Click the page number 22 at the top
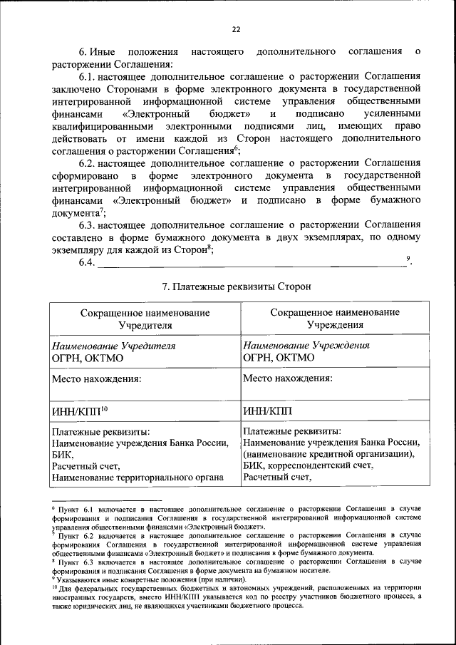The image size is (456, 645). [x=236, y=29]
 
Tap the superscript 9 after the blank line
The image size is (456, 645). [x=408, y=259]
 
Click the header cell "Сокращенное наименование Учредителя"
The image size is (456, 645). [x=145, y=319]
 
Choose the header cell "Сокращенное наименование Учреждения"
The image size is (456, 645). [x=335, y=319]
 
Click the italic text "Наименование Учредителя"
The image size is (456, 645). [x=114, y=346]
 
